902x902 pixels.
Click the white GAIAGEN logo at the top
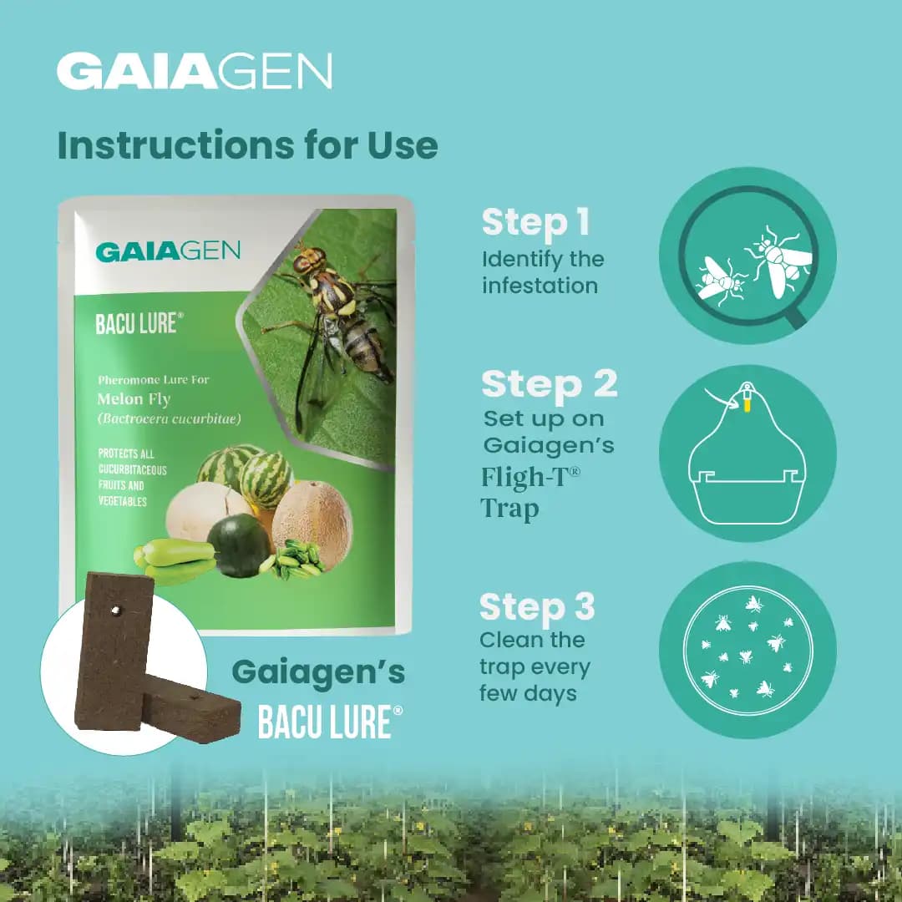[x=194, y=72]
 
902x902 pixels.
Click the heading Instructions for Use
[x=247, y=144]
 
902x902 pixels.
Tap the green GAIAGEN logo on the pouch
[x=168, y=251]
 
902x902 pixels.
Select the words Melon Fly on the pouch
[x=134, y=398]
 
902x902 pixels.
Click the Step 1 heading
[x=535, y=223]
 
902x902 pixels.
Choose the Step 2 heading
[x=549, y=384]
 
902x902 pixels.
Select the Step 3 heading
[x=537, y=607]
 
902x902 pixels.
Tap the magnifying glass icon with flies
[x=747, y=255]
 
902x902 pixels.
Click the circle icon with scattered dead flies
[x=747, y=649]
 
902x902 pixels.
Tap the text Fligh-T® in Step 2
[x=530, y=477]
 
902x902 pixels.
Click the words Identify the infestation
[x=542, y=272]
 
